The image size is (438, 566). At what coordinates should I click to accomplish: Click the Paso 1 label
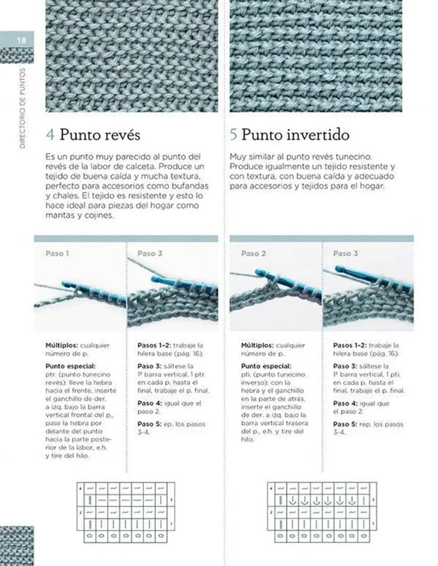pos(57,253)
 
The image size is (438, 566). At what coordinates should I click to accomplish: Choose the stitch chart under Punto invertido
pos(319,512)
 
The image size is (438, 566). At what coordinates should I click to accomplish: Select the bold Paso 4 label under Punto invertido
pos(344,403)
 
